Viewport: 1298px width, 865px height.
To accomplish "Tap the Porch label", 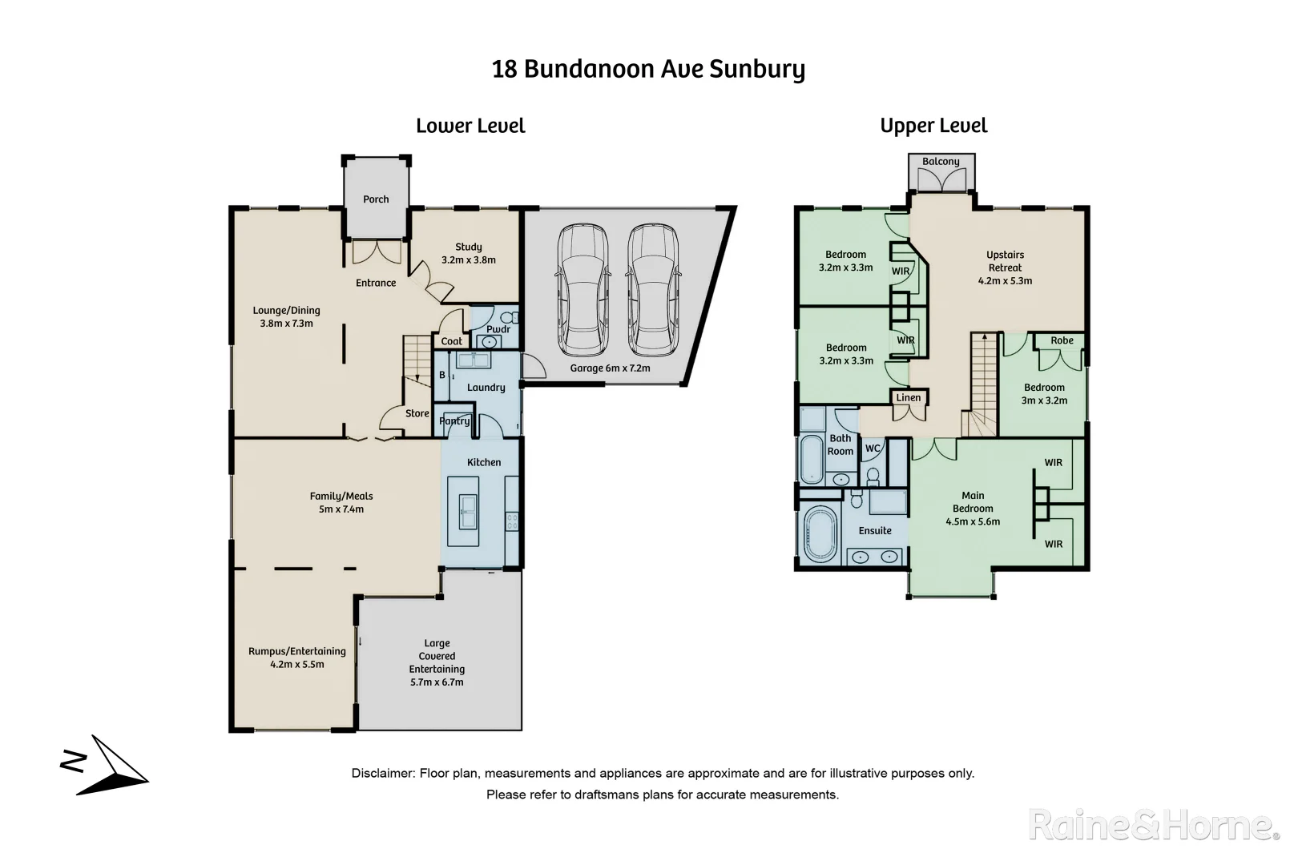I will [376, 199].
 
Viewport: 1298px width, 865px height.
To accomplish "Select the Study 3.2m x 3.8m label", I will [469, 253].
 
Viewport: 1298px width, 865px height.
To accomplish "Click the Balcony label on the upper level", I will [941, 162].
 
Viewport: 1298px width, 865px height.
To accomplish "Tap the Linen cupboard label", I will [909, 397].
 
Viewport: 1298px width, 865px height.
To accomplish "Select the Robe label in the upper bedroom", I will [1062, 340].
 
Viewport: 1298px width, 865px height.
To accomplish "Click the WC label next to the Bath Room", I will [873, 449].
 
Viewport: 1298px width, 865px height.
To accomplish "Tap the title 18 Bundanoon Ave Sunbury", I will [648, 69].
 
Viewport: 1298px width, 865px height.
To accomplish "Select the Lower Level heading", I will [470, 126].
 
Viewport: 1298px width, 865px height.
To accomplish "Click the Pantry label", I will [454, 420].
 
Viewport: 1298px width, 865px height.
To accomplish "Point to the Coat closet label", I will [452, 341].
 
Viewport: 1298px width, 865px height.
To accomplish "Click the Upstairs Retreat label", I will [1005, 268].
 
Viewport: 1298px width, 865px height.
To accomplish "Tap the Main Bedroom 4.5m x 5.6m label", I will [973, 509].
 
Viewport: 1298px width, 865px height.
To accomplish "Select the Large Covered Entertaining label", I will [437, 662].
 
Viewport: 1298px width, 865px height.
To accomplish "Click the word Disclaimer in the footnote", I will [382, 774].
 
